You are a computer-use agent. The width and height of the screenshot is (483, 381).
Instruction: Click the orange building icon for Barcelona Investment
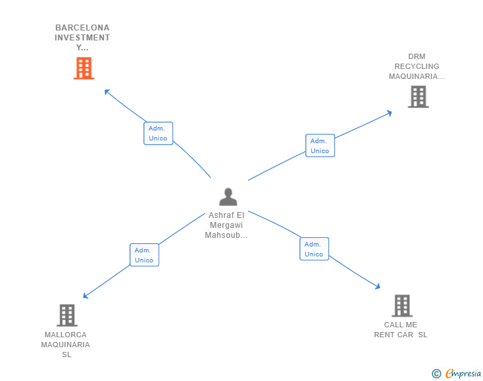point(84,68)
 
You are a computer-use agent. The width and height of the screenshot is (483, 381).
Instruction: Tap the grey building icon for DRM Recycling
point(418,97)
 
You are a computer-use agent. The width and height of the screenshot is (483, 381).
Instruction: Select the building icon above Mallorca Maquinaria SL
point(67,315)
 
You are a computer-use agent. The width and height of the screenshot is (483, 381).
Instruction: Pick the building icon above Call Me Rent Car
point(402,305)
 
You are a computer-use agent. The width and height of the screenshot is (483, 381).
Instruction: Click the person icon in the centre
point(228,197)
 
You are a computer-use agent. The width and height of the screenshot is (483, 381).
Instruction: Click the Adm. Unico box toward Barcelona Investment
point(158,133)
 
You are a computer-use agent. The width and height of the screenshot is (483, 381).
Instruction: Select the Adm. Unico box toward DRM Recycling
point(320,146)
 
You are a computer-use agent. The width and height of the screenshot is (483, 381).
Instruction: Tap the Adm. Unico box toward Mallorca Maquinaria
point(144,255)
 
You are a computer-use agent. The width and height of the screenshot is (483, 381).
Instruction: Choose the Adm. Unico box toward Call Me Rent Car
point(314,248)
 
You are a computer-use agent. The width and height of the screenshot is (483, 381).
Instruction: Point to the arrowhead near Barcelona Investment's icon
point(107,91)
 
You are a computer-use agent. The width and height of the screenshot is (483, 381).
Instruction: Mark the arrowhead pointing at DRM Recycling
point(389,113)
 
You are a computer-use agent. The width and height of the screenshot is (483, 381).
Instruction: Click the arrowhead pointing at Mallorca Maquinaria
point(86,296)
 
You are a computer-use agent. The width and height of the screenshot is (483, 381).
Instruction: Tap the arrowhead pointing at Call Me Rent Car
point(378,286)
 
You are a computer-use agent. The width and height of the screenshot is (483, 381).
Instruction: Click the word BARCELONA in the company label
point(82,28)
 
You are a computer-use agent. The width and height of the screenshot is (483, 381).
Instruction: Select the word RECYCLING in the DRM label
point(417,66)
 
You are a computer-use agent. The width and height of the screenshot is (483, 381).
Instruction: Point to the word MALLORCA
point(66,335)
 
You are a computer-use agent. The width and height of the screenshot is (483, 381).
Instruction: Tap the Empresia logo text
point(463,374)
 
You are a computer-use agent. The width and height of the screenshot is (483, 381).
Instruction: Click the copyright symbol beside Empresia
point(437,374)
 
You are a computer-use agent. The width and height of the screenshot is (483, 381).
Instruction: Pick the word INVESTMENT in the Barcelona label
point(82,38)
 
